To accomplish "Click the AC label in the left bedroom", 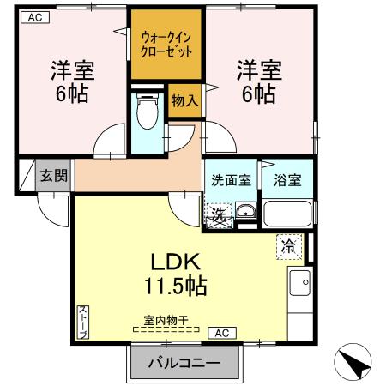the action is (x=35, y=17).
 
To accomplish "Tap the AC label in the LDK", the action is (x=222, y=333).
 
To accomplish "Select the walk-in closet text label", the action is (x=166, y=45).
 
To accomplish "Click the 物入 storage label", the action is (x=184, y=100).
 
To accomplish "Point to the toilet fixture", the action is (x=148, y=111).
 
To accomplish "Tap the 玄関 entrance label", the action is (x=54, y=175).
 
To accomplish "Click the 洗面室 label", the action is (x=231, y=180).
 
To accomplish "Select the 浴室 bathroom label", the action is (x=287, y=180).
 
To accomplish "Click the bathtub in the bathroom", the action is (x=287, y=214).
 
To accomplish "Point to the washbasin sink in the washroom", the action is (x=245, y=212).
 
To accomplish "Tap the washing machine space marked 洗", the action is (x=219, y=215).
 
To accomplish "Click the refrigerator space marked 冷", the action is (x=289, y=247).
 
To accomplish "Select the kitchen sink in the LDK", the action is (x=299, y=283).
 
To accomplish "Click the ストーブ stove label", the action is (x=83, y=323).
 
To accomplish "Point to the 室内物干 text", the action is (x=166, y=321).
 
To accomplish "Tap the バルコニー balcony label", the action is (x=184, y=363).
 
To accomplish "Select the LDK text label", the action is (x=175, y=262).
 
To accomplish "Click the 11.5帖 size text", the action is (x=176, y=286).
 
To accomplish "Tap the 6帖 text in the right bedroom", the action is (x=259, y=93).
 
